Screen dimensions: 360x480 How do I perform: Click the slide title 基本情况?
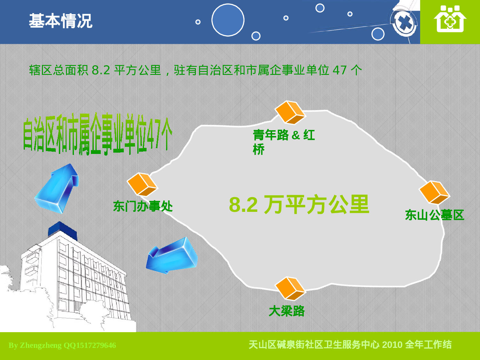coord(60,21)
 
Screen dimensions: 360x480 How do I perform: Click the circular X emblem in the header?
coord(405,23)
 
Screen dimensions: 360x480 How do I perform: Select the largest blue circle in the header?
coord(228,20)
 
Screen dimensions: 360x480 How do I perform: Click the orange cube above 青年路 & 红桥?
coord(290,112)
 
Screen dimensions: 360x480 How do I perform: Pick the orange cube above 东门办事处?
coord(142,184)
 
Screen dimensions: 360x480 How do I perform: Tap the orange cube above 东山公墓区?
coord(434,192)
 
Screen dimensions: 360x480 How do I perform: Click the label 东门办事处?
coord(143,206)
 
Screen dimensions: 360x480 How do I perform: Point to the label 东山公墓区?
coord(434,215)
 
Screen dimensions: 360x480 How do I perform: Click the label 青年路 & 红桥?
coord(284,141)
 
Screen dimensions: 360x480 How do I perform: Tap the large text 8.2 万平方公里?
coord(299,205)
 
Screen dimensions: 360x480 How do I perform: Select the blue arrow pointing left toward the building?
coord(172,256)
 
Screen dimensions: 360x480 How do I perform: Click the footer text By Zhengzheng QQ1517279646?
coord(62,346)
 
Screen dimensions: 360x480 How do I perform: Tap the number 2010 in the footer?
coord(392,345)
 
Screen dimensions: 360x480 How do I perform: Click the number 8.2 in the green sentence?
coord(101,70)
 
